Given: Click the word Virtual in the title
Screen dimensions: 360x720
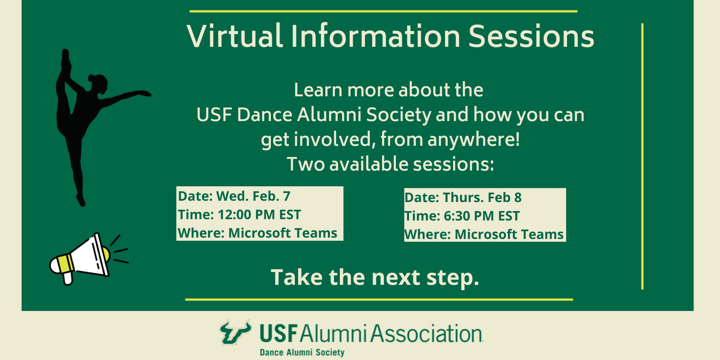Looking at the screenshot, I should pyautogui.click(x=234, y=36).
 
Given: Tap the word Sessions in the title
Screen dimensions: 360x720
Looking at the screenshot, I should pyautogui.click(x=531, y=36).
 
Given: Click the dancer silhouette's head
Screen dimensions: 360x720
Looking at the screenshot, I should pyautogui.click(x=98, y=83).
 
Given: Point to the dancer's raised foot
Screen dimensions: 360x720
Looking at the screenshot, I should pyautogui.click(x=66, y=56).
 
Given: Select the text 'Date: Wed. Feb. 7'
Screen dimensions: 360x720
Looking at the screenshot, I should pyautogui.click(x=234, y=196).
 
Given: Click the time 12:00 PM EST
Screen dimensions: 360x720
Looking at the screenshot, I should pyautogui.click(x=259, y=215).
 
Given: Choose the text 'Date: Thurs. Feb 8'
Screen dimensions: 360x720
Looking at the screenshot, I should pyautogui.click(x=463, y=198).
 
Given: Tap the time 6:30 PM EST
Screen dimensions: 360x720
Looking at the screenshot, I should pyautogui.click(x=481, y=216).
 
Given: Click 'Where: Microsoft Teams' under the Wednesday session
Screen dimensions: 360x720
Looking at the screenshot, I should pyautogui.click(x=257, y=233).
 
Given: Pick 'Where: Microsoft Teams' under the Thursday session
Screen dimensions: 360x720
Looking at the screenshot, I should pyautogui.click(x=484, y=234).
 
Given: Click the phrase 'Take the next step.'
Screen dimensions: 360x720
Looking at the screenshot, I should pyautogui.click(x=375, y=277).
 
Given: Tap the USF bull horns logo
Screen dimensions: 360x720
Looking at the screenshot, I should pyautogui.click(x=235, y=332).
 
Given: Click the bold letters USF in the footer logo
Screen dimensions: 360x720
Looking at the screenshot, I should pyautogui.click(x=279, y=334).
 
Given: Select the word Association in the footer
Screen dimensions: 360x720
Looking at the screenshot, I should pyautogui.click(x=427, y=334).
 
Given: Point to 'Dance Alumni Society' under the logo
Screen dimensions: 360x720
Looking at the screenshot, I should pyautogui.click(x=302, y=352).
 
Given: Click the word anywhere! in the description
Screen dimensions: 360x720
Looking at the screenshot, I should pyautogui.click(x=473, y=139).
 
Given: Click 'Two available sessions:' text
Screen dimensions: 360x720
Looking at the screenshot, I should pyautogui.click(x=390, y=164).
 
